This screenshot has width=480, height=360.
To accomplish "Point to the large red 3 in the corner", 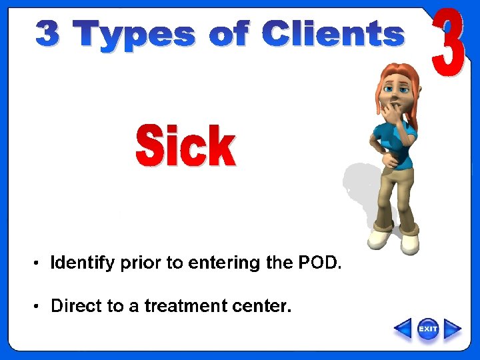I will pyautogui.click(x=447, y=43).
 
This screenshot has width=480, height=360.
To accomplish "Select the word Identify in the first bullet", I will pyautogui.click(x=83, y=263).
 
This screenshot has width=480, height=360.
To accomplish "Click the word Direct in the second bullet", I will pyautogui.click(x=77, y=306).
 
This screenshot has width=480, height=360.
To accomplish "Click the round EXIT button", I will pyautogui.click(x=427, y=329).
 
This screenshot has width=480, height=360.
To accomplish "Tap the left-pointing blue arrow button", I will pyautogui.click(x=403, y=329).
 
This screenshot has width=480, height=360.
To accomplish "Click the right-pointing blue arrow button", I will pyautogui.click(x=453, y=329).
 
